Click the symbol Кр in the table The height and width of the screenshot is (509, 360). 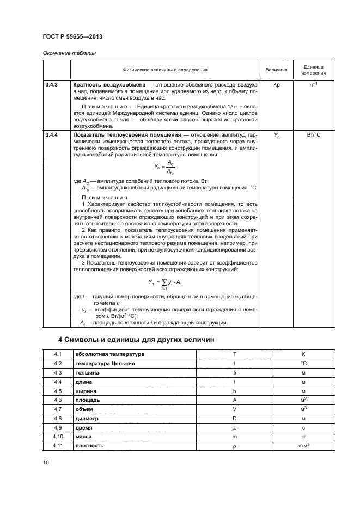pyautogui.click(x=276, y=85)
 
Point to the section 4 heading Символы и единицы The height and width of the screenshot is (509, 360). pyautogui.click(x=136, y=340)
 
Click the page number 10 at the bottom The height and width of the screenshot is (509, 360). pyautogui.click(x=46, y=462)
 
